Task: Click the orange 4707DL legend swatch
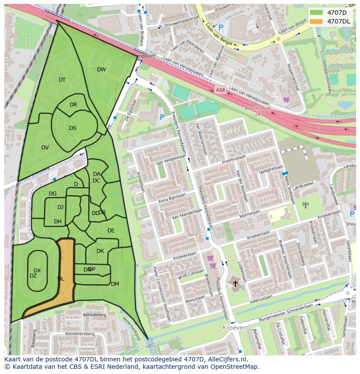tap(317, 21)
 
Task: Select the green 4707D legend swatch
tap(317, 12)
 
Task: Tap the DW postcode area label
tap(101, 70)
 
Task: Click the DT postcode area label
tap(62, 80)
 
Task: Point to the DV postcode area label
tap(45, 148)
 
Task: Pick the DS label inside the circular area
tap(73, 128)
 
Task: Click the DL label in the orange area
tap(61, 279)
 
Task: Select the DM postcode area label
tap(115, 284)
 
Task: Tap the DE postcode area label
tap(111, 231)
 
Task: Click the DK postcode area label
tap(100, 251)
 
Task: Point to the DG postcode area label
tap(53, 194)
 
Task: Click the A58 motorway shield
tap(220, 90)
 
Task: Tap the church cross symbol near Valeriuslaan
tap(235, 284)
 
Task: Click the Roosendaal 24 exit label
tap(258, 111)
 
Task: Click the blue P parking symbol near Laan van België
tap(220, 27)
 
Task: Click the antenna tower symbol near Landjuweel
tap(305, 204)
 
